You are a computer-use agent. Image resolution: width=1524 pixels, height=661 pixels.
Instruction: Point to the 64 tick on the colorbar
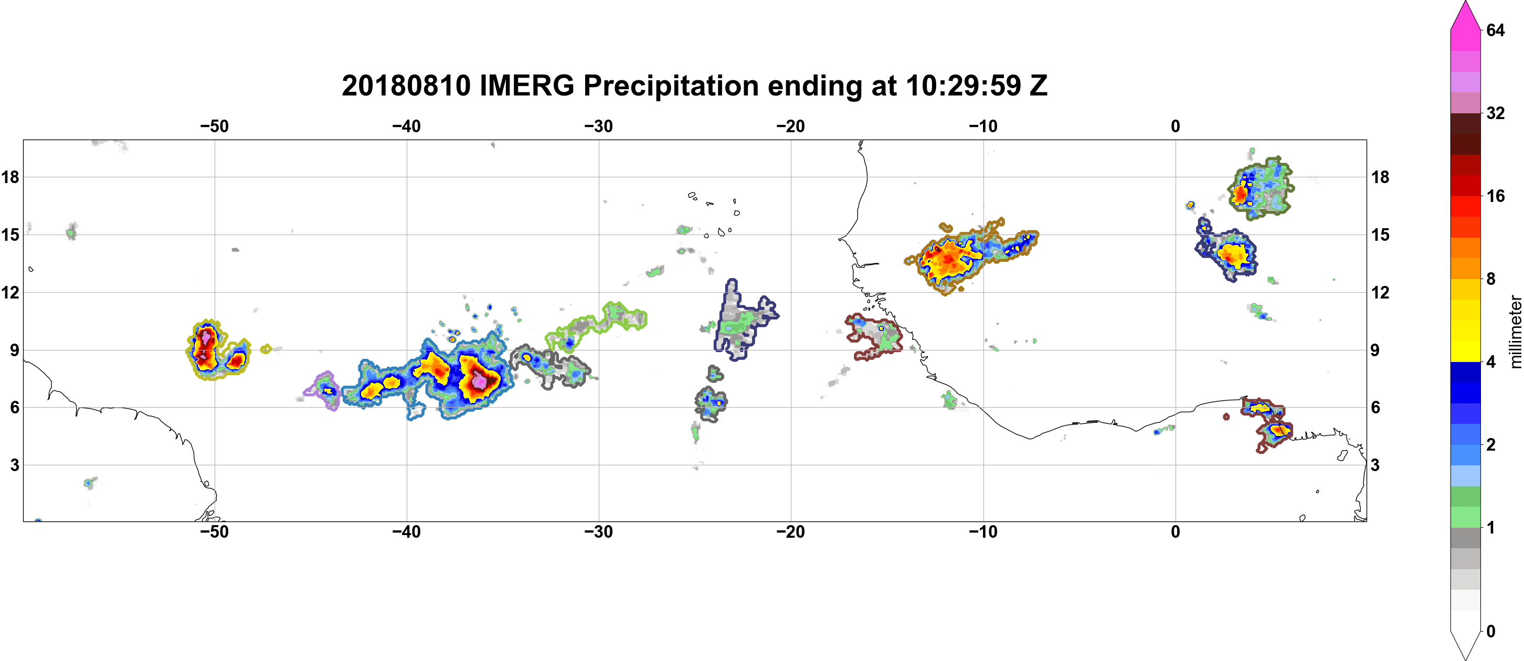[x=1495, y=30]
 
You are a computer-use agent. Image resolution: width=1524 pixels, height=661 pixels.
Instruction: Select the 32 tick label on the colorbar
[x=1495, y=113]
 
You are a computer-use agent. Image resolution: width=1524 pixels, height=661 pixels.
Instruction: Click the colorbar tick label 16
[x=1495, y=196]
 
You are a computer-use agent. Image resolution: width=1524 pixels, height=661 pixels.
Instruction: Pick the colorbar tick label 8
[x=1491, y=279]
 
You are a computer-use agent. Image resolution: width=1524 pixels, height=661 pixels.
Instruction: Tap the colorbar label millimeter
[x=1515, y=332]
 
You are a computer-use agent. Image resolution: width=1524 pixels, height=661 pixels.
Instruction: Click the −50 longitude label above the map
[x=214, y=126]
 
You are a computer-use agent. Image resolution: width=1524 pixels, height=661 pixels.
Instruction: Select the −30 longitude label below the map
[x=599, y=532]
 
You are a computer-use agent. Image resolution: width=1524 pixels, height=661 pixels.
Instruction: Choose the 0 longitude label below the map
[x=1176, y=532]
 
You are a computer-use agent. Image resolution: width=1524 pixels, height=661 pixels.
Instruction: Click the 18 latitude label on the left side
[x=10, y=177]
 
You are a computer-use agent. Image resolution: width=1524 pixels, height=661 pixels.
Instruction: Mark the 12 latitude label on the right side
[x=1380, y=292]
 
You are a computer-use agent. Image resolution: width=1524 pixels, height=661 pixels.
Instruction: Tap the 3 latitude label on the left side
[x=15, y=465]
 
